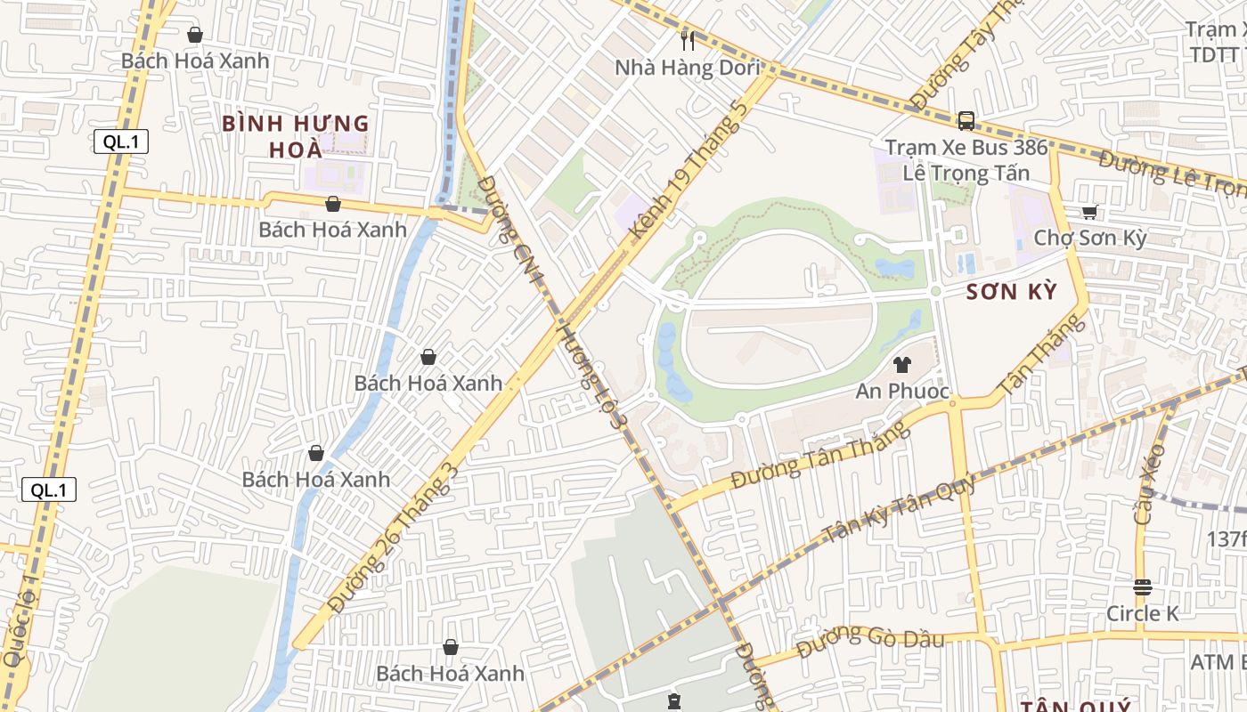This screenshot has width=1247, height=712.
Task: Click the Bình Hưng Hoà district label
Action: [295, 135]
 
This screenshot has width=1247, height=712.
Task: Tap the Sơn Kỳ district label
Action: [1013, 292]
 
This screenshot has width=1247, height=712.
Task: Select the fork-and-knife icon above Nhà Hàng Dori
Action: [688, 40]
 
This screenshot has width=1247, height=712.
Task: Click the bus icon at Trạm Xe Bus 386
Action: [966, 121]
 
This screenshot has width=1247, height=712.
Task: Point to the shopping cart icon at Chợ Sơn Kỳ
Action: [1089, 212]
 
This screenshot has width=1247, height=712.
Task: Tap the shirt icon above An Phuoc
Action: [902, 364]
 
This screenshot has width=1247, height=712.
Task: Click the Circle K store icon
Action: [1142, 587]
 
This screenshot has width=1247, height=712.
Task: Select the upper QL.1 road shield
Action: [120, 142]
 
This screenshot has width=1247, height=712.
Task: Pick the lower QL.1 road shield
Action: [49, 489]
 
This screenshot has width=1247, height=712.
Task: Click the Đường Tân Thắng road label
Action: [820, 455]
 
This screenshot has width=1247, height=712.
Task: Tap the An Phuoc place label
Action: [902, 392]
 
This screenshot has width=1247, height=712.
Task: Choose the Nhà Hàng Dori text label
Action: [688, 68]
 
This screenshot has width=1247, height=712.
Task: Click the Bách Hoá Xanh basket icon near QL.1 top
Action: [195, 35]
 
